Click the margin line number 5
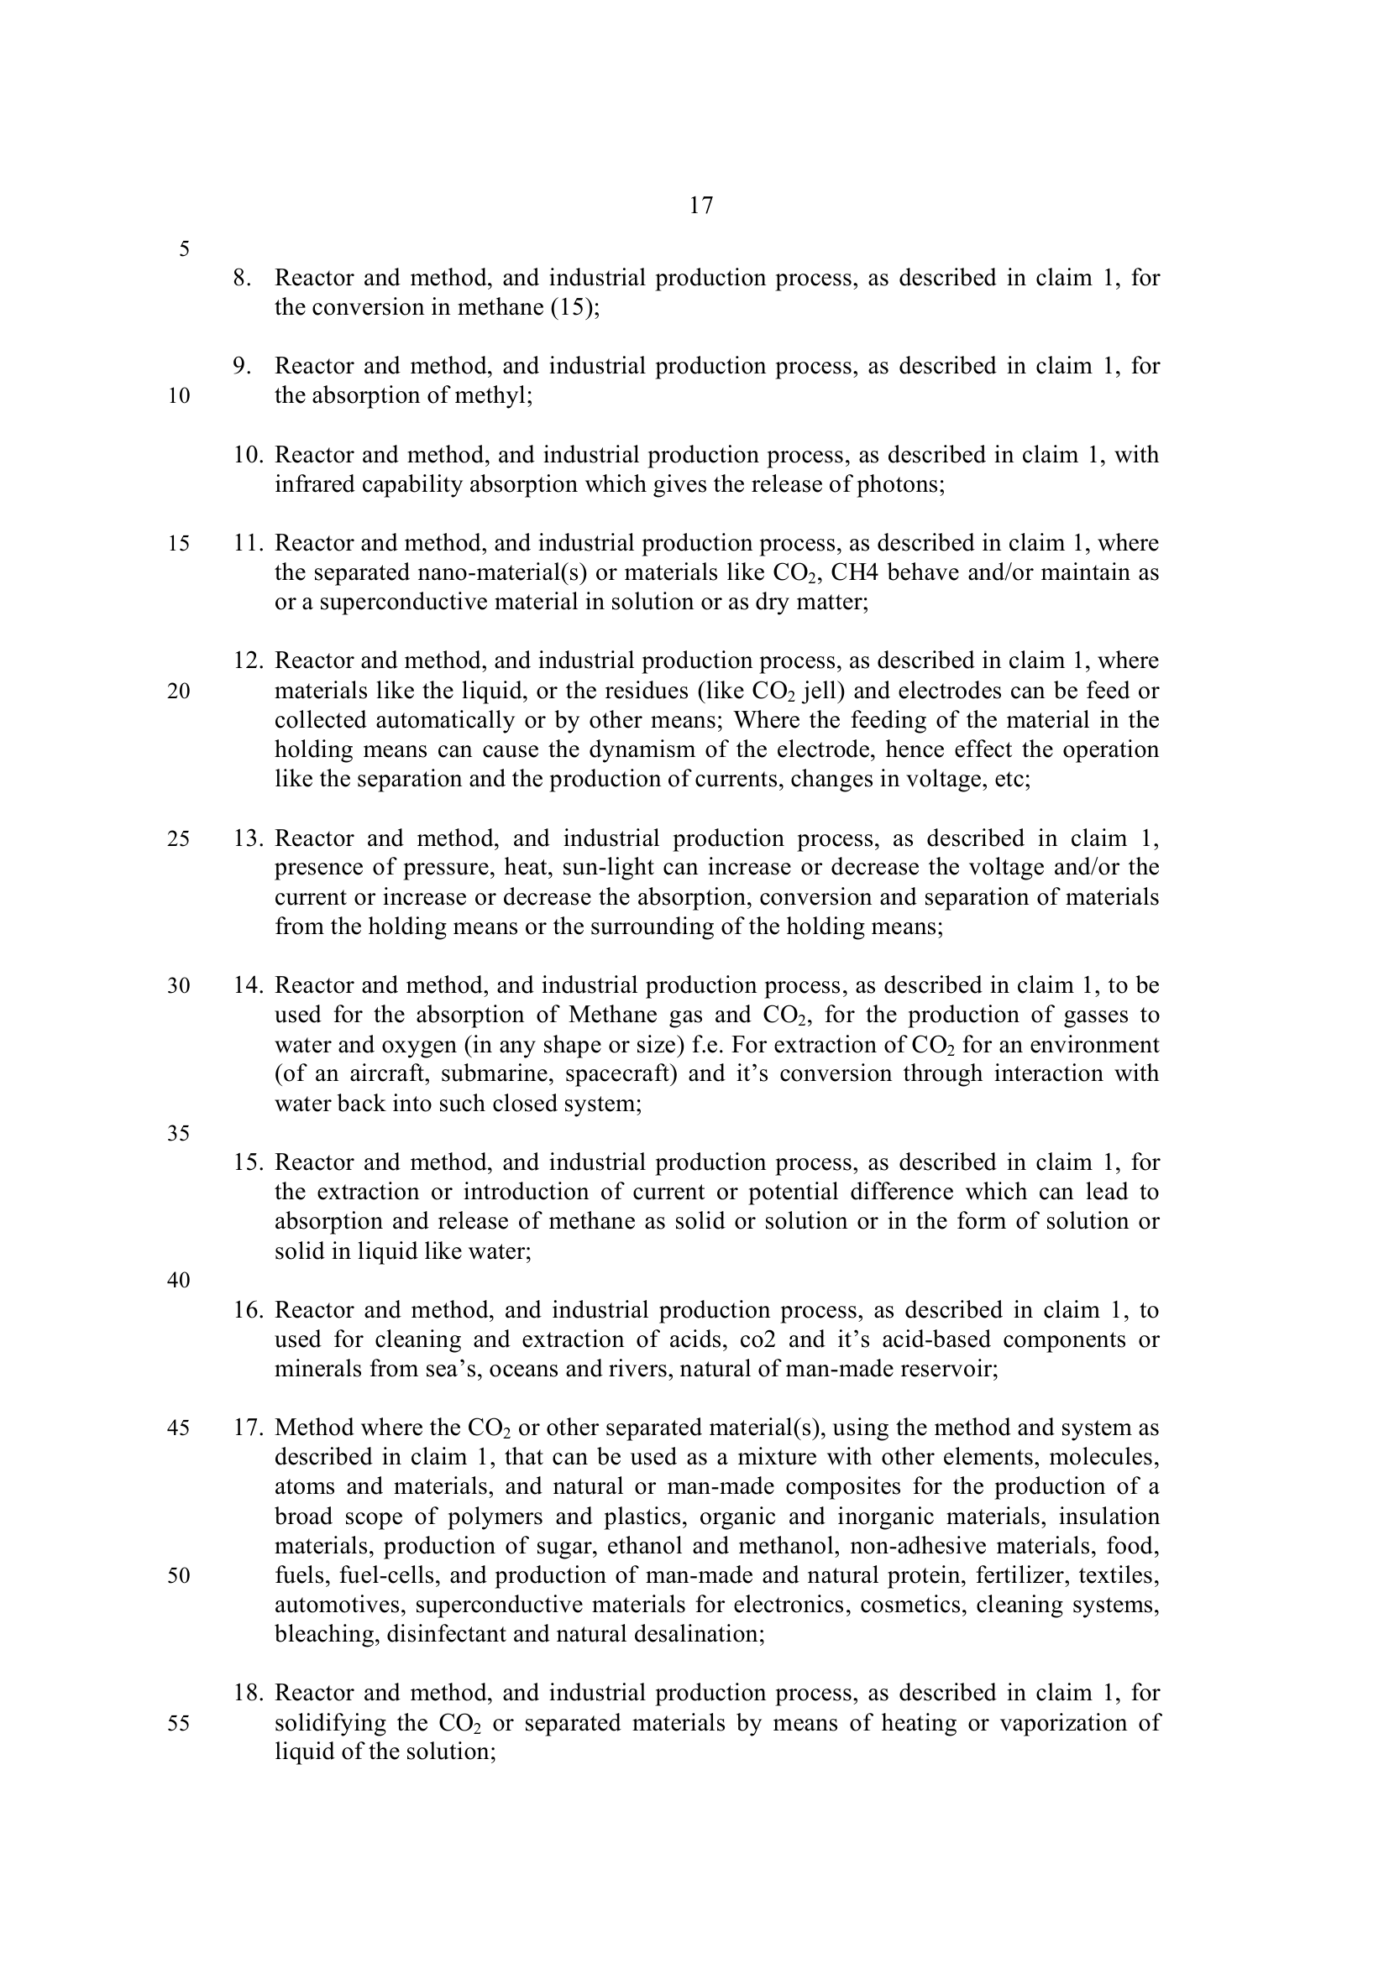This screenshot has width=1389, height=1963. click(184, 249)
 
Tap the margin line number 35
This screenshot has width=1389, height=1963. click(179, 1134)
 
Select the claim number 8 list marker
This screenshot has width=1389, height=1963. click(242, 278)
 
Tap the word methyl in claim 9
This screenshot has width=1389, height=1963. click(495, 396)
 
